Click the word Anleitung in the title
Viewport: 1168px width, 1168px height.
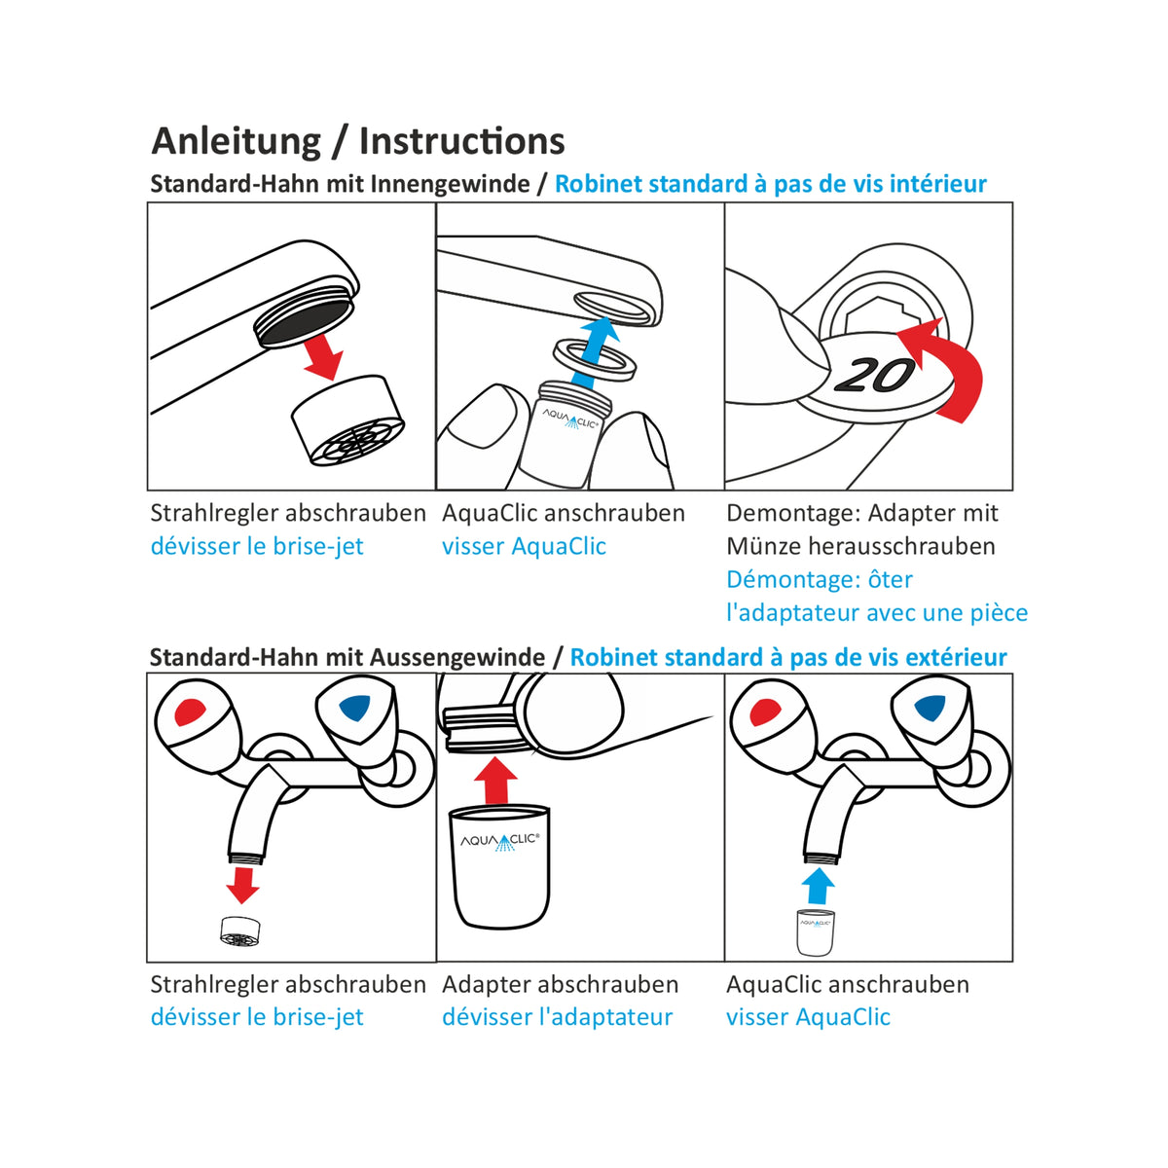click(236, 142)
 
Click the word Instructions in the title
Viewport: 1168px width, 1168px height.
click(461, 142)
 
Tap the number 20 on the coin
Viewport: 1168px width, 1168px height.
click(875, 375)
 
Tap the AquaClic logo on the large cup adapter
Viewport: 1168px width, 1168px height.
click(498, 840)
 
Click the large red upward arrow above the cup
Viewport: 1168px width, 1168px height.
click(497, 780)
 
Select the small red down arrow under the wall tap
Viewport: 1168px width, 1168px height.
click(241, 884)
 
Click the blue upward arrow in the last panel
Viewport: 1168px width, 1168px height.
click(819, 886)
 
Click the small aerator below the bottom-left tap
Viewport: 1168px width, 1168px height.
click(239, 931)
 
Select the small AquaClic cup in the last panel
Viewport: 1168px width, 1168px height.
click(817, 931)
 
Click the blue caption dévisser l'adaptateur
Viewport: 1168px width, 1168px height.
click(557, 1017)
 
